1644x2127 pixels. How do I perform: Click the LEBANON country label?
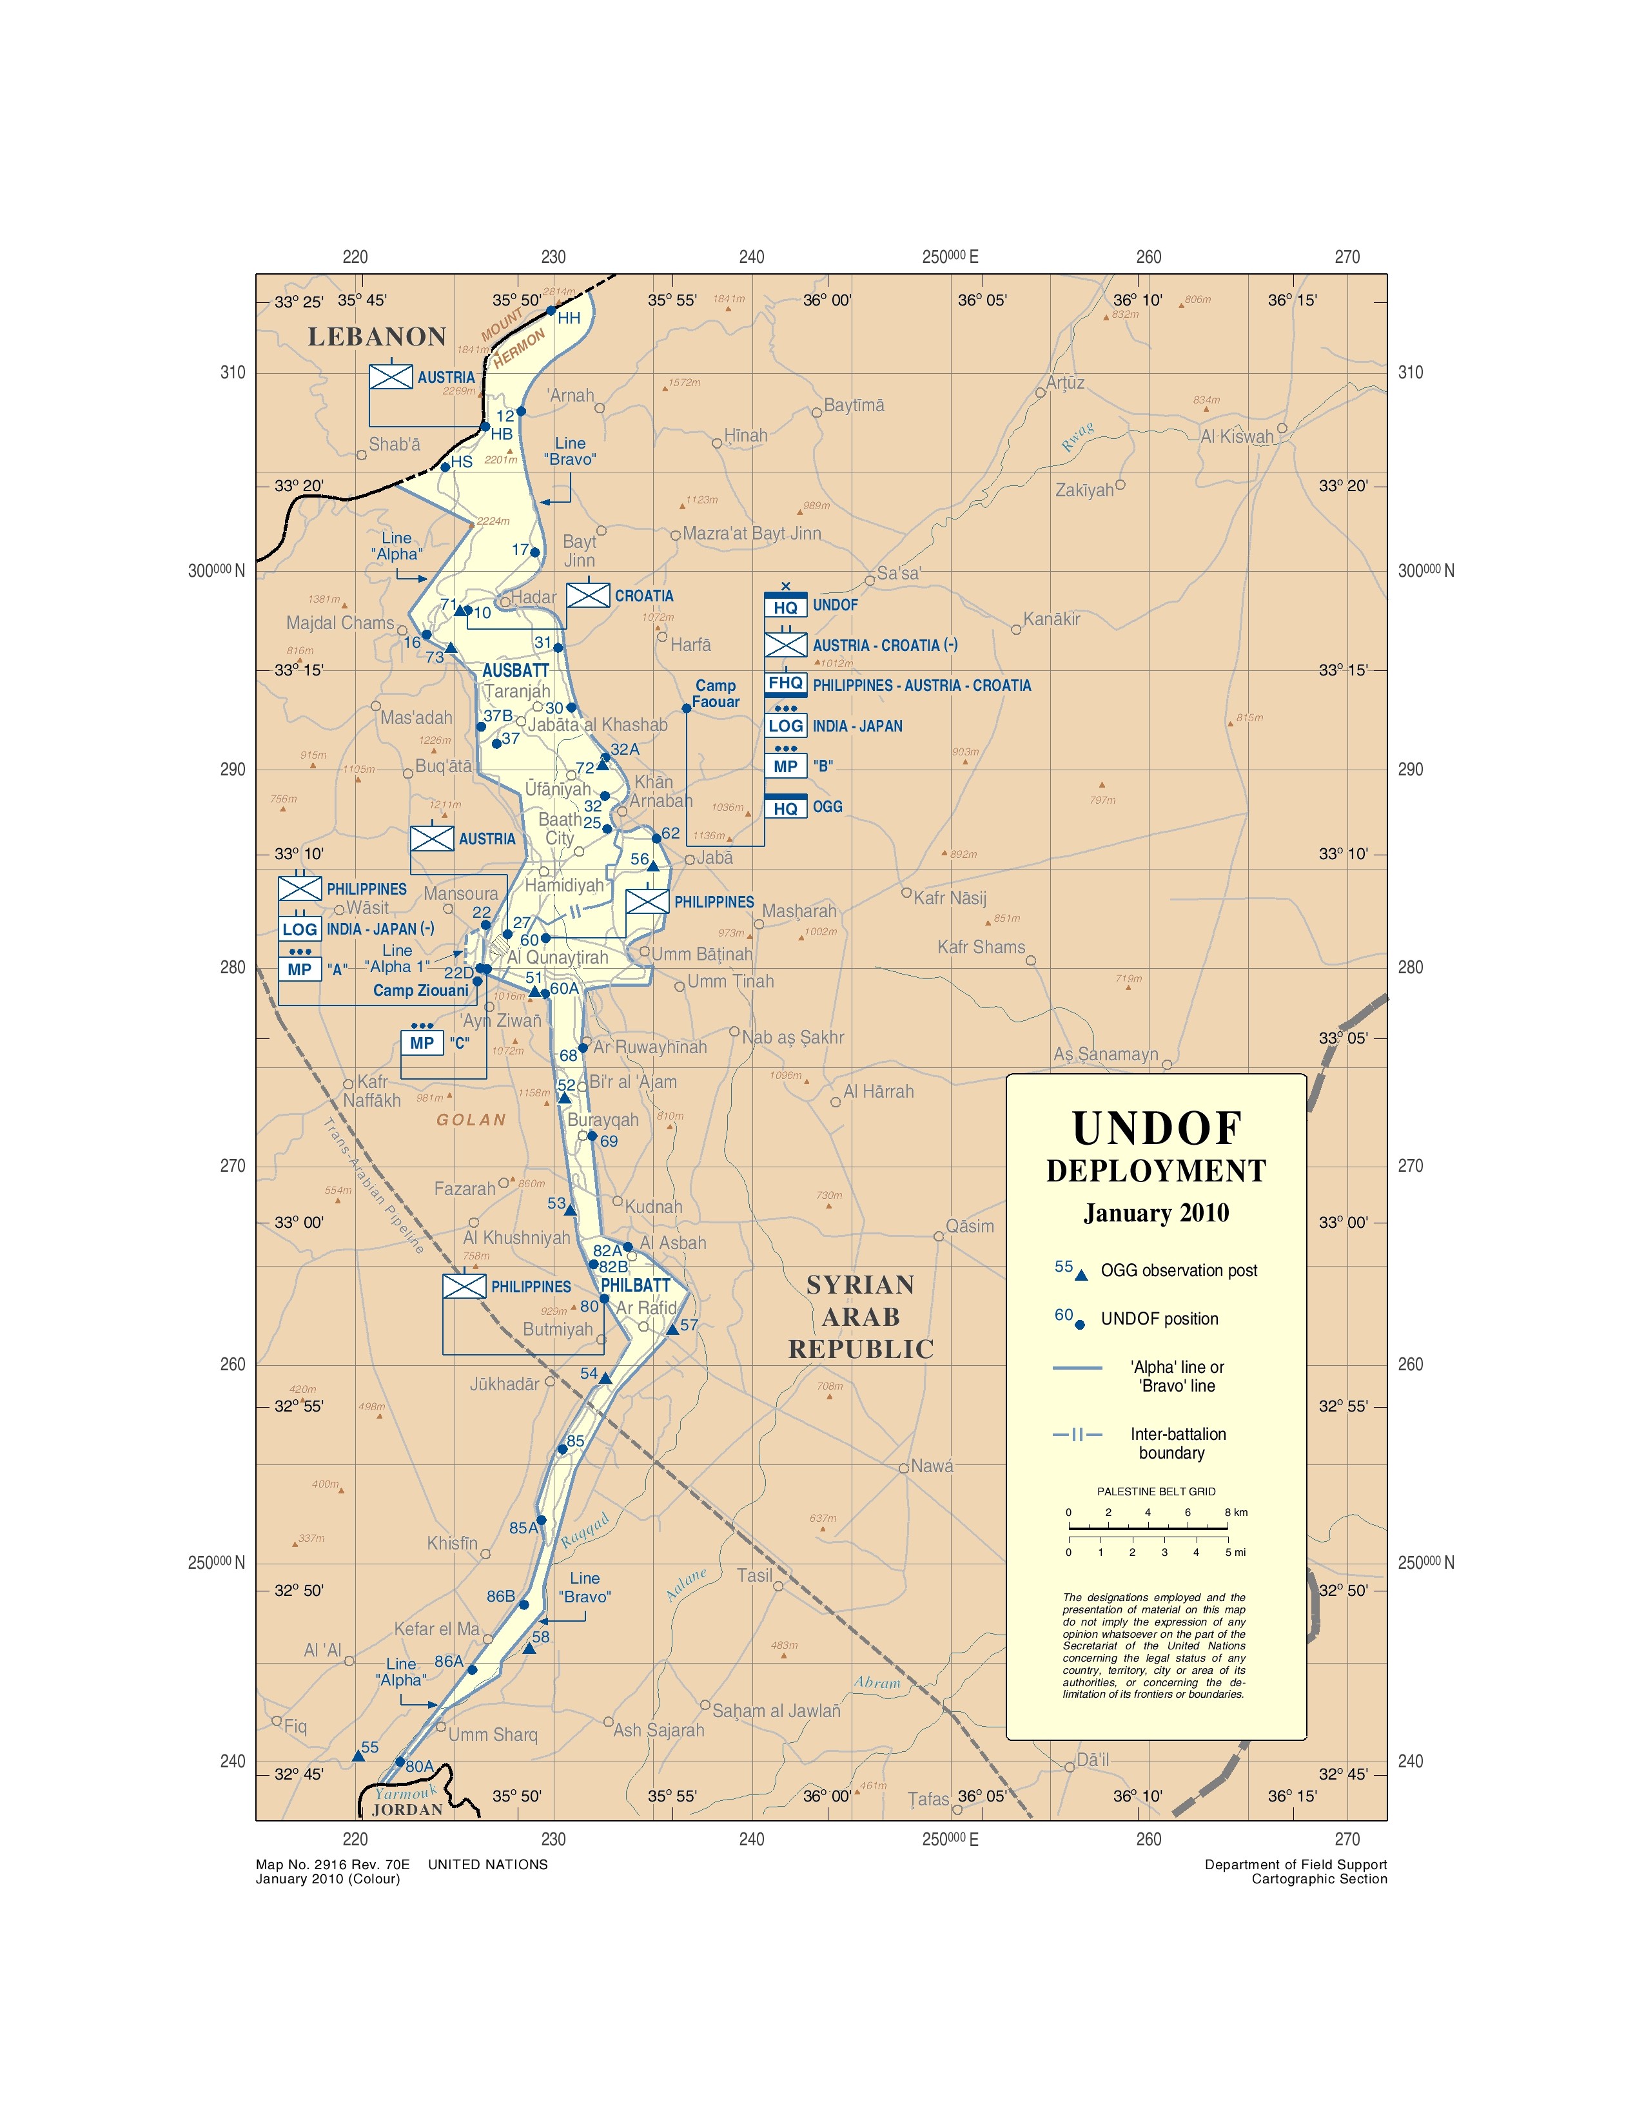click(377, 337)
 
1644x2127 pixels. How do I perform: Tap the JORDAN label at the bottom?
click(407, 1809)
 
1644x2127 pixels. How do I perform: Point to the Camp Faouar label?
click(716, 694)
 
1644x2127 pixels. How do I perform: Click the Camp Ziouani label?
click(421, 991)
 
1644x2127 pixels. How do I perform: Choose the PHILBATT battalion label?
click(635, 1286)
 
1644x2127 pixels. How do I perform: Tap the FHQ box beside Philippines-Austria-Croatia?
click(785, 684)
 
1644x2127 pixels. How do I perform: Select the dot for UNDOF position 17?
click(534, 552)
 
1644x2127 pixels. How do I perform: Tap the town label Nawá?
click(932, 1466)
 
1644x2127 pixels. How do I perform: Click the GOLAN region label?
click(471, 1120)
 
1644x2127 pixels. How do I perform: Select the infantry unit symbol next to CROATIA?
click(588, 595)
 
